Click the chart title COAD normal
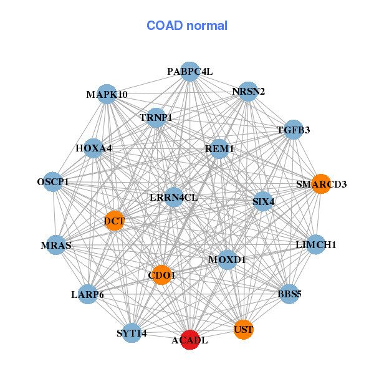[x=186, y=26]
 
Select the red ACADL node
[x=190, y=340]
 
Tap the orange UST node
[x=244, y=328]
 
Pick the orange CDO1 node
[x=162, y=275]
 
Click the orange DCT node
[x=114, y=220]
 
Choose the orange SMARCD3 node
[x=320, y=184]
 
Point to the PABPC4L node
[x=190, y=72]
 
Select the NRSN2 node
[x=248, y=92]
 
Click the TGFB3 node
[x=293, y=130]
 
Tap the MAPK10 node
[x=107, y=95]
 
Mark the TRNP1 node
[x=156, y=117]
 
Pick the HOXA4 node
[x=93, y=148]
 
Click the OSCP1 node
[x=53, y=182]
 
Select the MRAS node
[x=57, y=245]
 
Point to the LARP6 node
[x=87, y=294]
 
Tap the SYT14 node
[x=132, y=333]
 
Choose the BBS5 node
[x=289, y=294]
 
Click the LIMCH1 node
[x=315, y=245]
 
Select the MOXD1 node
[x=227, y=259]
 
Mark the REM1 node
[x=219, y=149]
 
